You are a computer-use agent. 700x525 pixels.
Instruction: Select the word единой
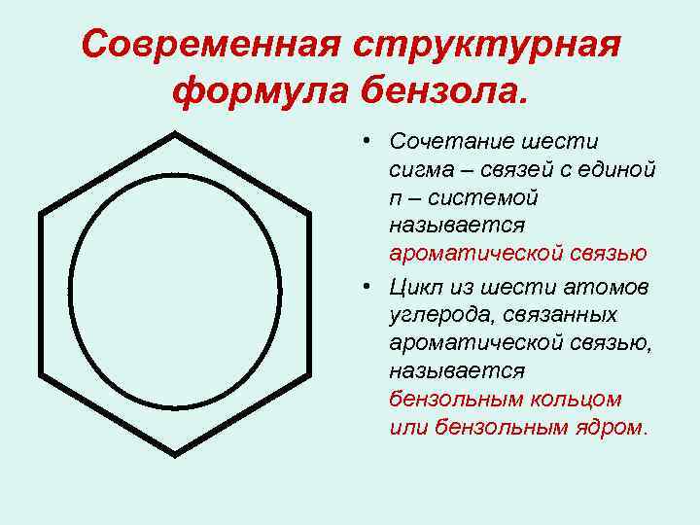coord(616,170)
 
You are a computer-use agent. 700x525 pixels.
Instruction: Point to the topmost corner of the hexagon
coord(175,132)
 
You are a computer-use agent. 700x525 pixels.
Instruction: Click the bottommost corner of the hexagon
coord(175,453)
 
